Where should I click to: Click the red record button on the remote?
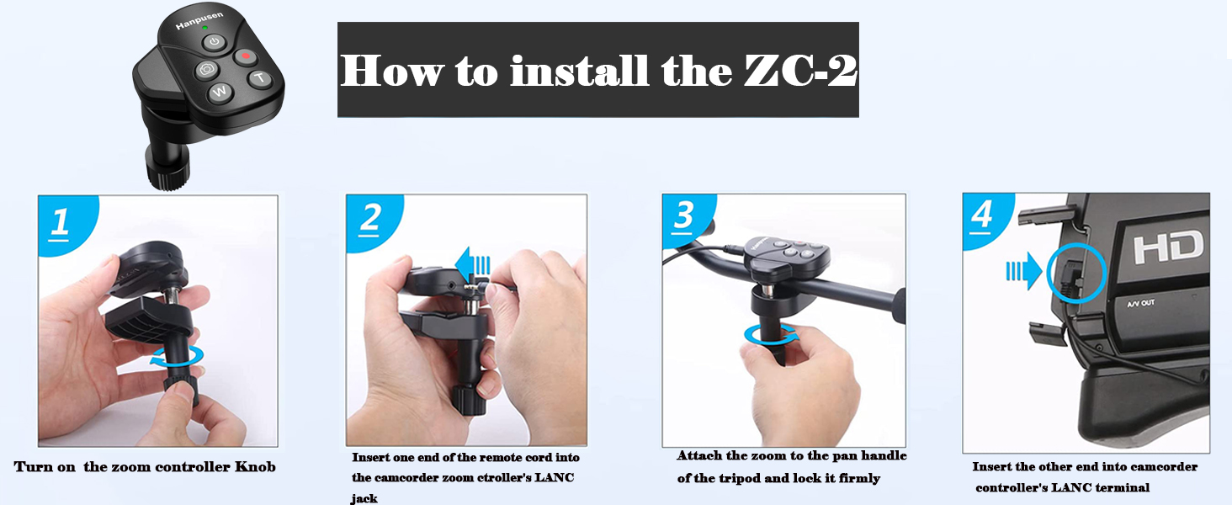(245, 57)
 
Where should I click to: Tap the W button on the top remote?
(220, 92)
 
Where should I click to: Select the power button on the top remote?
(215, 43)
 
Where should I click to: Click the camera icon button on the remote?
(207, 70)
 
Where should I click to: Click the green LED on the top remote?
(204, 29)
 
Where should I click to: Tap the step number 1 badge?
(61, 221)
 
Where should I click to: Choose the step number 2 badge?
(369, 219)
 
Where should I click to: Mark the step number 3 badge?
(685, 217)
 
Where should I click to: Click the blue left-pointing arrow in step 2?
(472, 265)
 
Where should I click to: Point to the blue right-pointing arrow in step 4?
(1023, 272)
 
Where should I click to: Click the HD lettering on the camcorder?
(1168, 248)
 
